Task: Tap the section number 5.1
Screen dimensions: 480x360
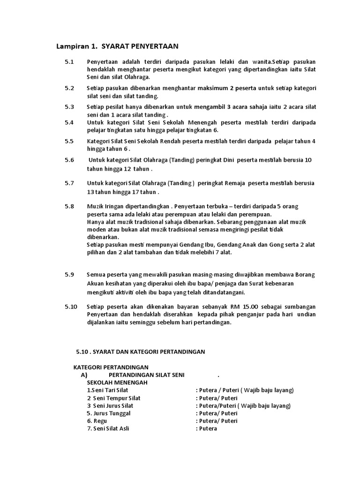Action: point(69,62)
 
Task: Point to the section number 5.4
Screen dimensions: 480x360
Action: point(69,122)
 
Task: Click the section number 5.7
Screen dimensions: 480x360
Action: point(69,183)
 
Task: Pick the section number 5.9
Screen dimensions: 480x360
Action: point(69,275)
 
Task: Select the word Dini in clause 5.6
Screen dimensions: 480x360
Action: point(226,160)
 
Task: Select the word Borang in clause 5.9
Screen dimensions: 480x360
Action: point(306,275)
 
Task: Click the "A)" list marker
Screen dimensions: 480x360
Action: point(84,375)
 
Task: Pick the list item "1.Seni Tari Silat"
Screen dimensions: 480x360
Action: point(107,390)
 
